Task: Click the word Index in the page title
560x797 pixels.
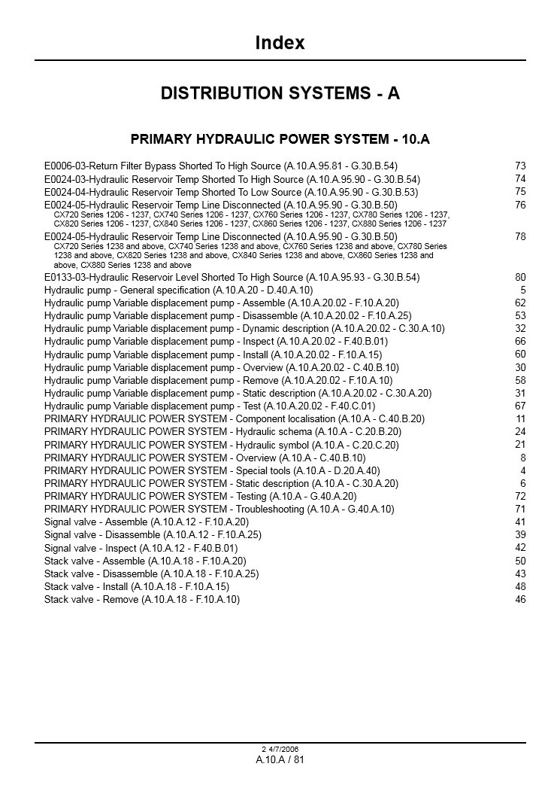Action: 280,43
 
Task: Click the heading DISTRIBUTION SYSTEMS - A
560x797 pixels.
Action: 280,93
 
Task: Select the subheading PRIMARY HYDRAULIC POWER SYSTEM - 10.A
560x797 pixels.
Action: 280,139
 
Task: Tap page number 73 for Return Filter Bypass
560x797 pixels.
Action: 520,166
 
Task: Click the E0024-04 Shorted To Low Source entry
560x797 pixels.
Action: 231,192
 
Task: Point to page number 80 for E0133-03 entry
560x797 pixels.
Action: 520,277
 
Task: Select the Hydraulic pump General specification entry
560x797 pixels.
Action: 178,290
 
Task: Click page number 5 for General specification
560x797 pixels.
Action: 523,290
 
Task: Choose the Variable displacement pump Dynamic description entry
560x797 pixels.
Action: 244,329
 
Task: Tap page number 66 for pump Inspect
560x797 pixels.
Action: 520,341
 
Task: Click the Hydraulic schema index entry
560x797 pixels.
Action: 222,432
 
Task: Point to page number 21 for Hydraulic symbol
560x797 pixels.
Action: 520,444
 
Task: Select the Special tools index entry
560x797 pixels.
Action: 212,471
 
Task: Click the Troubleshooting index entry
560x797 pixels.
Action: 219,510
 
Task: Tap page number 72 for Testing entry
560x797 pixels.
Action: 520,497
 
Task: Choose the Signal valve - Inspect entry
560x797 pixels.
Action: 141,549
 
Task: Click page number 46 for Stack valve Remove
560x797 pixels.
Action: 520,600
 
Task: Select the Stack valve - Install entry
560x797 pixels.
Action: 137,587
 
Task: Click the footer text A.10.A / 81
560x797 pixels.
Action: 280,759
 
